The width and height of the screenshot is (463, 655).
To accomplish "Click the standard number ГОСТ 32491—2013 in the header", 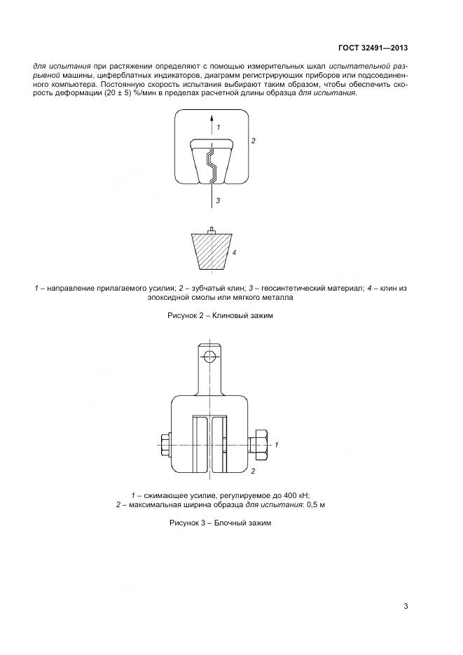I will [x=373, y=48].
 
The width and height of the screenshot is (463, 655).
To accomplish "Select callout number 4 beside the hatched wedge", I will [x=235, y=251].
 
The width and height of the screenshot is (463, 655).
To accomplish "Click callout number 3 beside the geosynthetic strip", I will [x=219, y=200].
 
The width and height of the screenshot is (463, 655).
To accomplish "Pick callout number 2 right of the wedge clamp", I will [x=253, y=141].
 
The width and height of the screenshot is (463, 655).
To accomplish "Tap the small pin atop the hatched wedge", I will [x=212, y=230].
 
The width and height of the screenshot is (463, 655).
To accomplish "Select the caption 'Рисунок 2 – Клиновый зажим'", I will [x=220, y=316].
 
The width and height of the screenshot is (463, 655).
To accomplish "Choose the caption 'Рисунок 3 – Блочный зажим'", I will [x=219, y=523].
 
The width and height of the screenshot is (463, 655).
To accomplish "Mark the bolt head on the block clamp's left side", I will [x=166, y=444].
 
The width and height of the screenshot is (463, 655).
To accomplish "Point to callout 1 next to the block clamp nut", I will [x=277, y=445].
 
